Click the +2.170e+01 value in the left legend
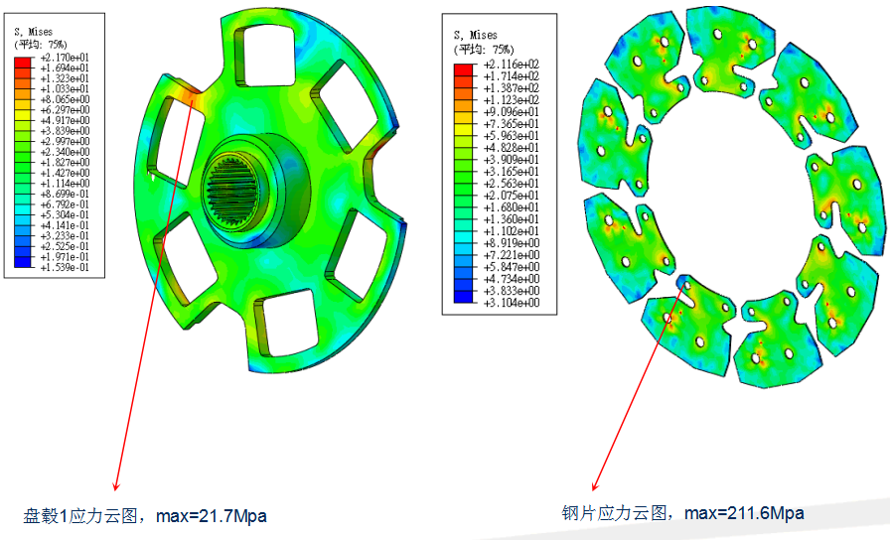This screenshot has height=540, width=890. pyautogui.click(x=65, y=58)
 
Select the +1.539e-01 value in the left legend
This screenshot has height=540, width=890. pyautogui.click(x=65, y=267)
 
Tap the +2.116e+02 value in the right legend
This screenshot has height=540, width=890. pyautogui.click(x=511, y=65)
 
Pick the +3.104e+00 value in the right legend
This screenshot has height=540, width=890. pyautogui.click(x=511, y=303)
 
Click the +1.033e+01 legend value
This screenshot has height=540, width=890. pyautogui.click(x=65, y=89)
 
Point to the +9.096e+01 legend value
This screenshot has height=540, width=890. pyautogui.click(x=511, y=112)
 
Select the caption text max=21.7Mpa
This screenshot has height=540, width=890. pyautogui.click(x=212, y=516)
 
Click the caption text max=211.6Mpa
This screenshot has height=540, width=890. pyautogui.click(x=744, y=513)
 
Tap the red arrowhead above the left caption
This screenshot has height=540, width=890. pyautogui.click(x=116, y=486)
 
